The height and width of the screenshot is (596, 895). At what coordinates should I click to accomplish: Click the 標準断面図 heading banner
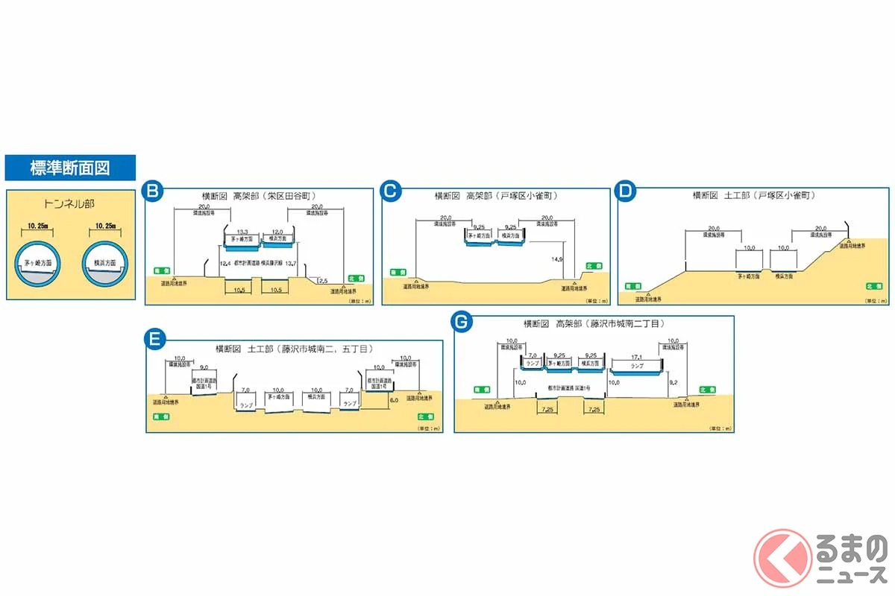[70, 168]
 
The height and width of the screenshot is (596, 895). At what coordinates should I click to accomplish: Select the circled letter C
[389, 192]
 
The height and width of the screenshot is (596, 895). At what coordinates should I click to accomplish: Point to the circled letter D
[626, 192]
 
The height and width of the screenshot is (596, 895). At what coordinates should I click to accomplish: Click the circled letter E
[154, 340]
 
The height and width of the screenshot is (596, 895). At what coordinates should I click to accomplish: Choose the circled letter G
[462, 322]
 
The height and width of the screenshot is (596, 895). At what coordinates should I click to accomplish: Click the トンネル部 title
[70, 203]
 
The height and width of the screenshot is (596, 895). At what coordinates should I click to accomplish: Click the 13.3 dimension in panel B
[242, 231]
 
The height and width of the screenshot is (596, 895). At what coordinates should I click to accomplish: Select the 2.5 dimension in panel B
[321, 280]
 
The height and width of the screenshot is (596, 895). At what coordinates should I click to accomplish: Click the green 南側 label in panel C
[398, 273]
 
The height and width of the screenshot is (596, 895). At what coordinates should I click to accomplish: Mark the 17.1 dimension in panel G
[636, 358]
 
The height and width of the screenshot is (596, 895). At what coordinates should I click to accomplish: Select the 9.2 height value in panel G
[673, 381]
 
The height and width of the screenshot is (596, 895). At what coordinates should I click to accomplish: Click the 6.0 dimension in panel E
[393, 399]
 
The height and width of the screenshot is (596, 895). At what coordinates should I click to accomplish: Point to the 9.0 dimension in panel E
[204, 367]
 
